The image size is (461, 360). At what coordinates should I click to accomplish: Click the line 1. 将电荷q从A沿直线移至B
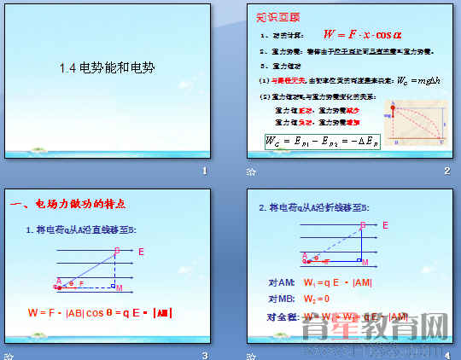(81, 229)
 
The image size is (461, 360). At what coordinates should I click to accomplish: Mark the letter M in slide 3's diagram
(120, 287)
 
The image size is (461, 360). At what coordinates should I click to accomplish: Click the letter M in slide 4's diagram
(365, 261)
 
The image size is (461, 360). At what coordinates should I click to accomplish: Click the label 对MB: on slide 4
(281, 299)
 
